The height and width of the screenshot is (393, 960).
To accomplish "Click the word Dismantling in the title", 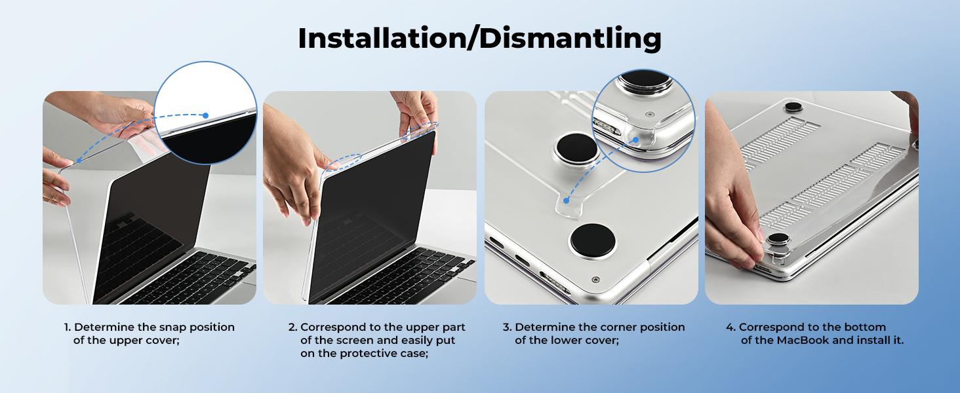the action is (x=570, y=38).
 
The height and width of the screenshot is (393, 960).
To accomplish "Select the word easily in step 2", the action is (x=416, y=341).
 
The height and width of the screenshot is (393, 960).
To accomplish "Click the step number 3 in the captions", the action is (x=507, y=327).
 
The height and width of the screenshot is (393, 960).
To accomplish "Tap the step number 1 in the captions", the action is (x=68, y=327).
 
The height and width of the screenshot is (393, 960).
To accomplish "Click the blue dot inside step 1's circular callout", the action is (x=206, y=115).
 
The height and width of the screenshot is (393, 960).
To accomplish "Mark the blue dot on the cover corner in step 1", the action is (x=79, y=161).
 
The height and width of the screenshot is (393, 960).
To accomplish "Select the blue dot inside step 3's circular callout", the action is (x=636, y=140).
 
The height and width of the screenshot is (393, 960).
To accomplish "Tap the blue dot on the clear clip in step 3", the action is (x=566, y=200).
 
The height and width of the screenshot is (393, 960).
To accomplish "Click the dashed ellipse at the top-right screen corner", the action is (x=420, y=132).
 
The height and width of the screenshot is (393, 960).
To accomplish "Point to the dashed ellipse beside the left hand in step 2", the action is (x=344, y=162).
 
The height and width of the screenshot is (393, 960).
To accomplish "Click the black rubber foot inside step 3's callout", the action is (x=645, y=81).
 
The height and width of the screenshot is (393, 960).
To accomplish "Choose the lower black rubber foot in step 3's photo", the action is (x=593, y=240).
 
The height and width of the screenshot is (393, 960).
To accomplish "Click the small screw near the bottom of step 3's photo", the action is (x=595, y=280).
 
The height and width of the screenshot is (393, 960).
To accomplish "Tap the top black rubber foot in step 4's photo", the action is (x=793, y=107).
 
